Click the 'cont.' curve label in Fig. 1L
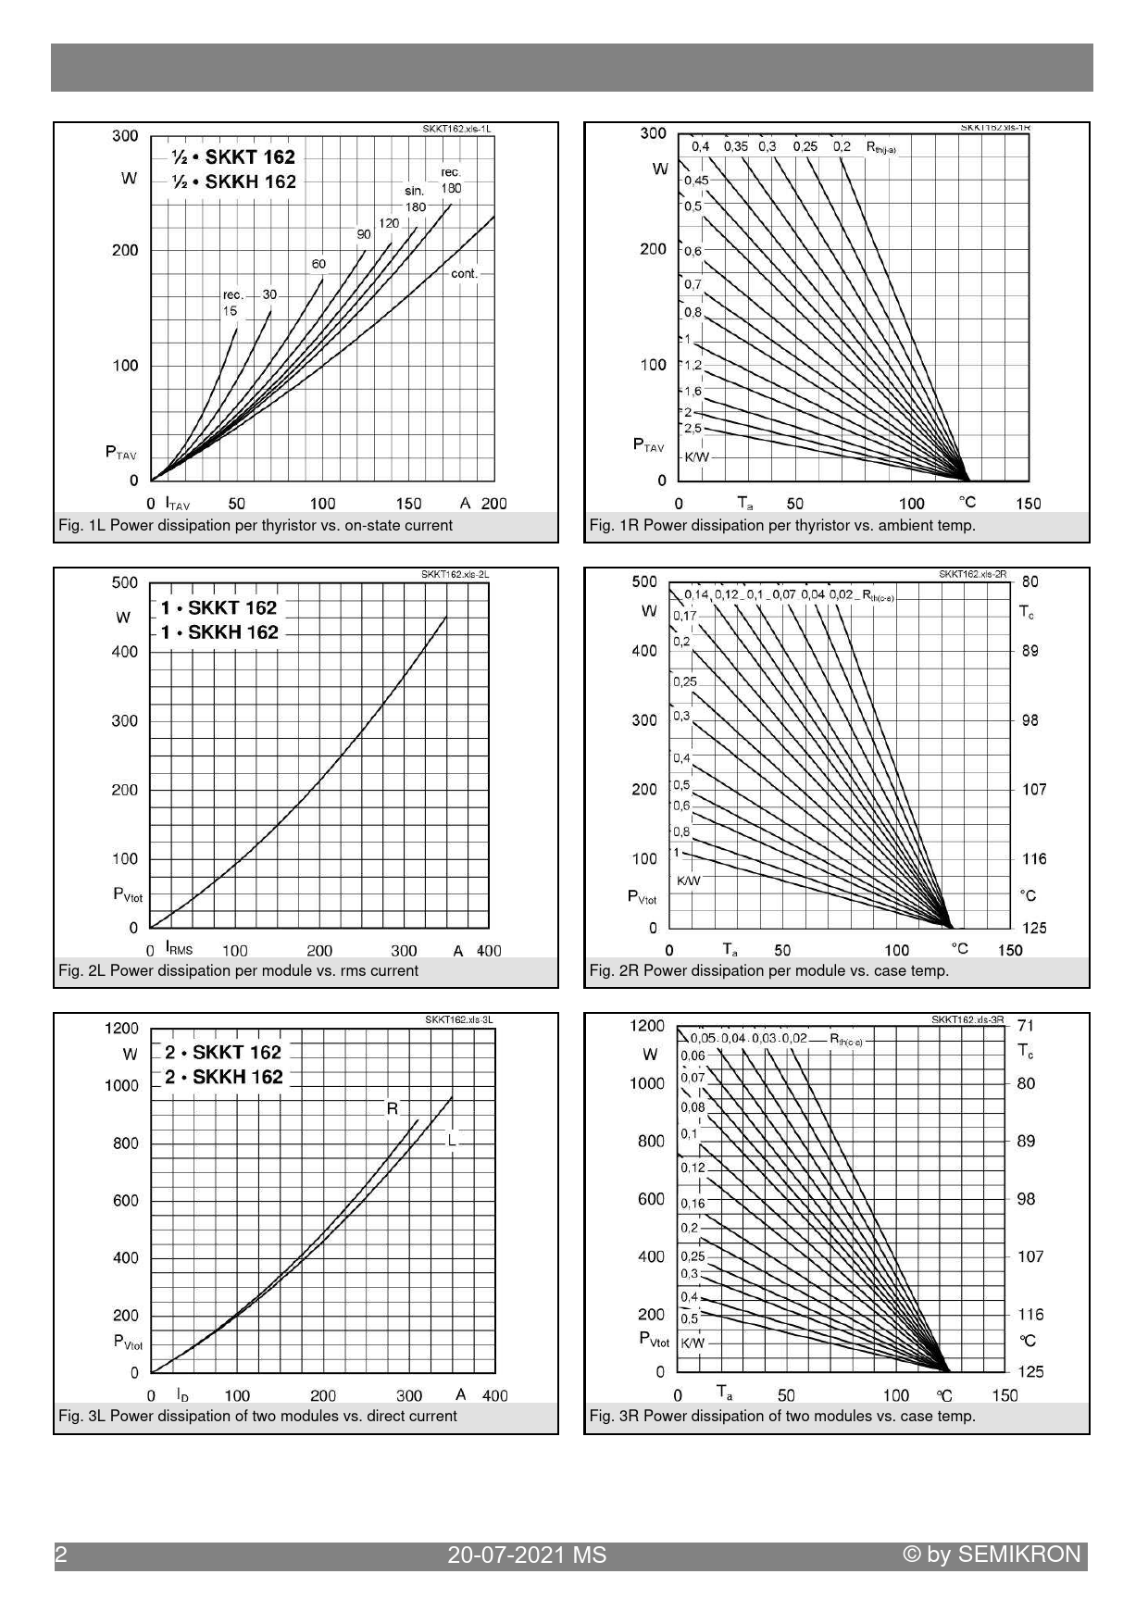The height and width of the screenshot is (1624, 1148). pos(464,274)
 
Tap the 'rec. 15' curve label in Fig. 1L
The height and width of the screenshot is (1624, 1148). pos(231,303)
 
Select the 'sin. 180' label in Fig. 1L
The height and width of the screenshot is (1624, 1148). pos(415,199)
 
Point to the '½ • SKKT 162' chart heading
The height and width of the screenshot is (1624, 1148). pos(234,156)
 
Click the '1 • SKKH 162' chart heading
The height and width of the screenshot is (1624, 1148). pos(219,632)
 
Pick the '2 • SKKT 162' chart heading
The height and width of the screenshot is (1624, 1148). pos(223,1052)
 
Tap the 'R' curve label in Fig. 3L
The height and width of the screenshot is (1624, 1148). pos(393,1108)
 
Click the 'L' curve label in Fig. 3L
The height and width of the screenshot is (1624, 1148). pos(452,1140)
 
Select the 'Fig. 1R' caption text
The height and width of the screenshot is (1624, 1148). pos(782,526)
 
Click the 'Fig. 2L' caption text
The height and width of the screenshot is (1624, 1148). pos(238,970)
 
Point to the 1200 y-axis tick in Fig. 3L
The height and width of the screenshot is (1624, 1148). pos(121,1028)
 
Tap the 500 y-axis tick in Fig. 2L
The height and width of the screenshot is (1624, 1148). pos(124,582)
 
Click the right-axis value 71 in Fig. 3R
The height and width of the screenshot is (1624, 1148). pos(1026,1025)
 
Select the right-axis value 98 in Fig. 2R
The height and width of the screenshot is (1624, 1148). pos(1030,720)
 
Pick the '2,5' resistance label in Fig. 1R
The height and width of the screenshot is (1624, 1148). pos(693,429)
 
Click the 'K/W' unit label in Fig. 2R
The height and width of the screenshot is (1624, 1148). pos(689,881)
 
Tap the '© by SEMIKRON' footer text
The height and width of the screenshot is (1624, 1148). pos(992,1555)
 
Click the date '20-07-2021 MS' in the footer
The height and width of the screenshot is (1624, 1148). pos(527,1555)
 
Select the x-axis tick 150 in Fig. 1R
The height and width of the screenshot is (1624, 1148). pos(1028,504)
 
